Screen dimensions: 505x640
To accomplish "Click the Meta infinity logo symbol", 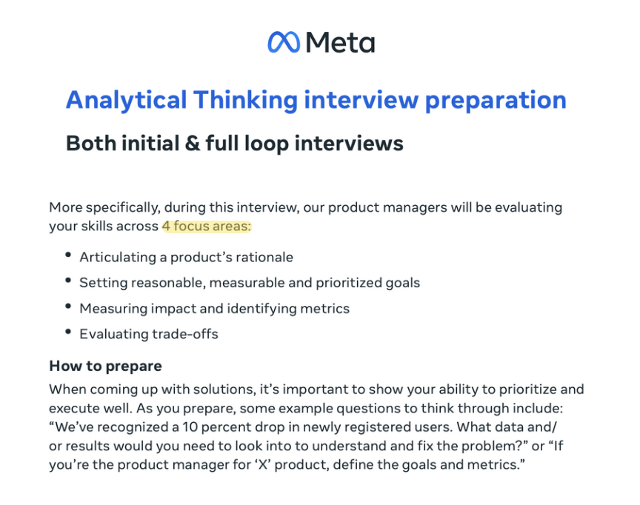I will [283, 41].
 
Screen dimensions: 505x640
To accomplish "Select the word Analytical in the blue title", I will [124, 100].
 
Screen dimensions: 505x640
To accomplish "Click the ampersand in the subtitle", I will [193, 142].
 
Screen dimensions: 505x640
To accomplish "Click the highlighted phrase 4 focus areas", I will [207, 226].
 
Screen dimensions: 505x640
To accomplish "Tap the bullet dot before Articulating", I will [67, 255].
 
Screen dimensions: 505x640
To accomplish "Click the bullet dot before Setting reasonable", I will [67, 281].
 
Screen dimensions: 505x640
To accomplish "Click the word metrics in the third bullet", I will [324, 308].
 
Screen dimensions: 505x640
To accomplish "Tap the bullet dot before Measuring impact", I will [67, 307].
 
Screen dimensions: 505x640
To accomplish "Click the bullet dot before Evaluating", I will [67, 332].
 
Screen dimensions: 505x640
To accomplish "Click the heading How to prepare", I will [105, 366].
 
